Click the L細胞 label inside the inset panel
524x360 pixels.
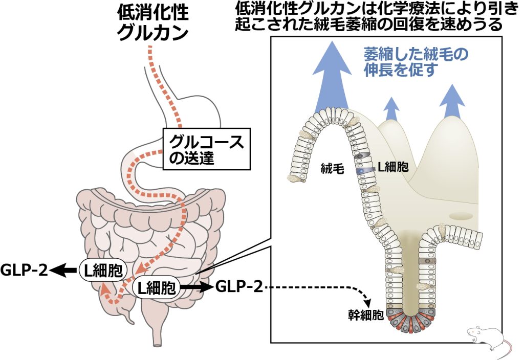pyautogui.click(x=393, y=167)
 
